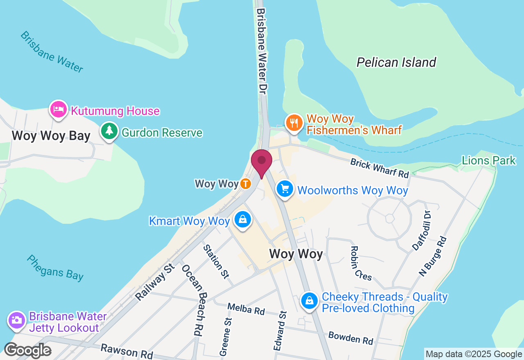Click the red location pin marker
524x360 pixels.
point(262,161)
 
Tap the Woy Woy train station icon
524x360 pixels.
point(245,184)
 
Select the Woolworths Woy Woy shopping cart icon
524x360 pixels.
point(285,189)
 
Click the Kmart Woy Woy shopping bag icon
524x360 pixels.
point(243,220)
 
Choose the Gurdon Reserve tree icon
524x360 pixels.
point(109,131)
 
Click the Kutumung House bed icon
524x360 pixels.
point(59,109)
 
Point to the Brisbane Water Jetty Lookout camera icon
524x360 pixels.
point(17,320)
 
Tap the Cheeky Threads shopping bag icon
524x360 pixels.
point(309,301)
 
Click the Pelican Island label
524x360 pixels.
point(396,62)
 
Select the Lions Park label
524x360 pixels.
point(488,160)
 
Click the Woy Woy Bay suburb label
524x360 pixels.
point(51,136)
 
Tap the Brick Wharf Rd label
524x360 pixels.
point(379,168)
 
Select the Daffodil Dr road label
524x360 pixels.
point(422,231)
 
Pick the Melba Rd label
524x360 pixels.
point(246,308)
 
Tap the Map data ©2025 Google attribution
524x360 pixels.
point(474,354)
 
